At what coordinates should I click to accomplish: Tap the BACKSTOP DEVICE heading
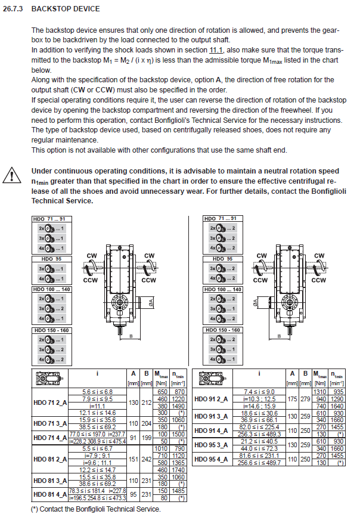[x=66, y=9]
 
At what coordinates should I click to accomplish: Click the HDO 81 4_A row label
[x=51, y=494]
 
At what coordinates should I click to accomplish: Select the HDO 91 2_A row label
[x=225, y=398]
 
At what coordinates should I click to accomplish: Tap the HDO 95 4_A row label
[x=225, y=459]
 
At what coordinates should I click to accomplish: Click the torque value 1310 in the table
[x=320, y=391]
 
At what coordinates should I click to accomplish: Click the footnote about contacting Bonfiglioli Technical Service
[x=95, y=509]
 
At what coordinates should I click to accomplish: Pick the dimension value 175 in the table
[x=293, y=398]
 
